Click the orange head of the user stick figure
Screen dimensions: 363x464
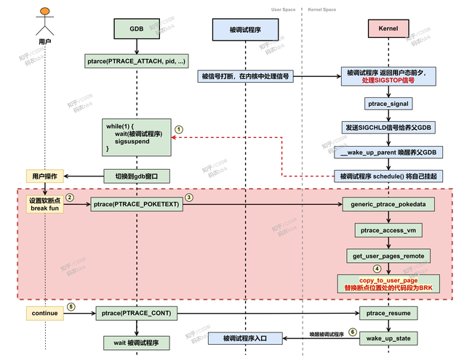45,12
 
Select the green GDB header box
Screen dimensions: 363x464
136,29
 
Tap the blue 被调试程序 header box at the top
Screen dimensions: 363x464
245,29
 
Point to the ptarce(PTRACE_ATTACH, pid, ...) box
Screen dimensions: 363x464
136,62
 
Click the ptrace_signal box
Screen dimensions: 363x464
388,105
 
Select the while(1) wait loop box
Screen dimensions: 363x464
136,137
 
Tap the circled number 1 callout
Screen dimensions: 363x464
179,128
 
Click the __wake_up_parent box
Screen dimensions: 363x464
388,152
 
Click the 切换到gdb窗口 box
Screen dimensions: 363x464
136,176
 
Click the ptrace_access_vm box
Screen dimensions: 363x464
388,230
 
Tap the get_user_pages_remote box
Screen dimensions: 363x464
388,256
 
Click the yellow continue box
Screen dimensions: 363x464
45,313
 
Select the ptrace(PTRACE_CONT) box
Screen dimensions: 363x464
136,313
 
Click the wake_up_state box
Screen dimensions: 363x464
388,338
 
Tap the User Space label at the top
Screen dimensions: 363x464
283,9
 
